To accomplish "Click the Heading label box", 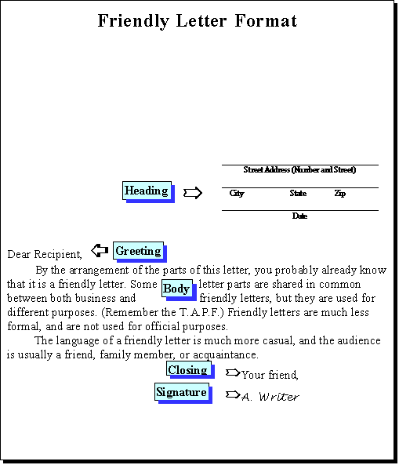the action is (x=148, y=192).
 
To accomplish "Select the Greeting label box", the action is (x=140, y=252).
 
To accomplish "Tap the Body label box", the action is (x=179, y=290).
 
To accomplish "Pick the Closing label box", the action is (x=190, y=370).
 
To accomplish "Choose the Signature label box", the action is (x=183, y=393).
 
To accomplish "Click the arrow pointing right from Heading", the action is (x=193, y=193).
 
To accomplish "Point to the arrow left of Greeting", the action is (x=100, y=251).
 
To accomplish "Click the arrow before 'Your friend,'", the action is (x=233, y=372).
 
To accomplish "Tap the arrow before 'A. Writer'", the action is (x=233, y=394).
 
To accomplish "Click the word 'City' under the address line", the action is (x=237, y=194).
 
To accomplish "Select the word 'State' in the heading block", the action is (x=298, y=194).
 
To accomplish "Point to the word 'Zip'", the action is (x=340, y=194).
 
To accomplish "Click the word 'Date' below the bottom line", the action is (x=299, y=216).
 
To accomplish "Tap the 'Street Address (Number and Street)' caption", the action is (x=299, y=170).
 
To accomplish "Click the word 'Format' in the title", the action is (x=266, y=20).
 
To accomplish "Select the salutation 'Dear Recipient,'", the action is (x=45, y=254).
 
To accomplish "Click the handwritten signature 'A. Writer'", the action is (x=270, y=397).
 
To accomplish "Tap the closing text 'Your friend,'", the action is (x=270, y=375).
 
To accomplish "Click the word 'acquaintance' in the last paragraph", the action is (x=225, y=354).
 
